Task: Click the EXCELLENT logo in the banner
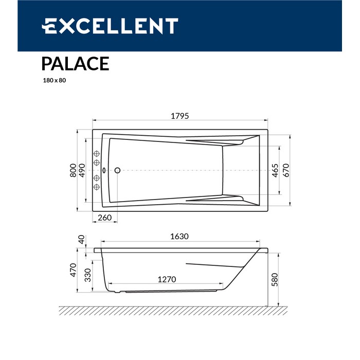pyautogui.click(x=110, y=26)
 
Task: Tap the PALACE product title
pyautogui.click(x=75, y=63)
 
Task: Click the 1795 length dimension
pyautogui.click(x=180, y=116)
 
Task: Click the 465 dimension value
pyautogui.click(x=275, y=170)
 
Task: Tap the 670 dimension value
pyautogui.click(x=285, y=170)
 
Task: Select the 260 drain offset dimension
pyautogui.click(x=104, y=218)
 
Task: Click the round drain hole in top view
pyautogui.click(x=117, y=170)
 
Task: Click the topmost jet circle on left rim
pyautogui.click(x=96, y=154)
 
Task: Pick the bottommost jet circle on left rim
pyautogui.click(x=96, y=186)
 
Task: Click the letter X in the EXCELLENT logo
pyautogui.click(x=64, y=26)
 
